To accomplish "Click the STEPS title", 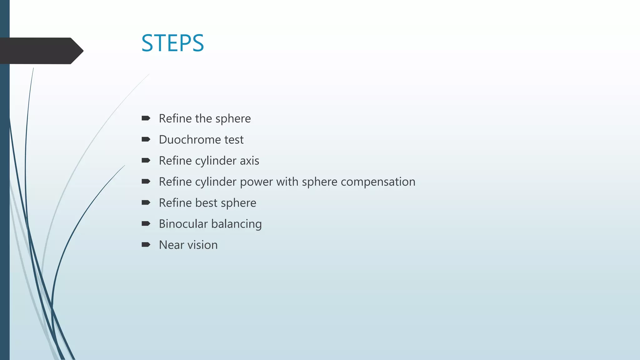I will tap(172, 43).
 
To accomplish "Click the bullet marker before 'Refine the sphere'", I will tap(146, 118).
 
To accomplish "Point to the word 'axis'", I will tap(249, 161).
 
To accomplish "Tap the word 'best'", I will tap(206, 203).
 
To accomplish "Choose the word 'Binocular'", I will tap(183, 224).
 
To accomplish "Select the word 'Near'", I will tap(172, 245).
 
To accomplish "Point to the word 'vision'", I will tap(202, 245).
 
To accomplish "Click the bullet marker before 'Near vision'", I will tap(146, 244).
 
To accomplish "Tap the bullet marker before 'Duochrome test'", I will tap(146, 139).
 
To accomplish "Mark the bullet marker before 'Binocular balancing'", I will tap(146, 223).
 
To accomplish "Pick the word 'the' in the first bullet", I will tap(203, 118).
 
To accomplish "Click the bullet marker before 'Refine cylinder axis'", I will tap(146, 160).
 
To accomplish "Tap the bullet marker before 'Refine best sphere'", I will tap(146, 202).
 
